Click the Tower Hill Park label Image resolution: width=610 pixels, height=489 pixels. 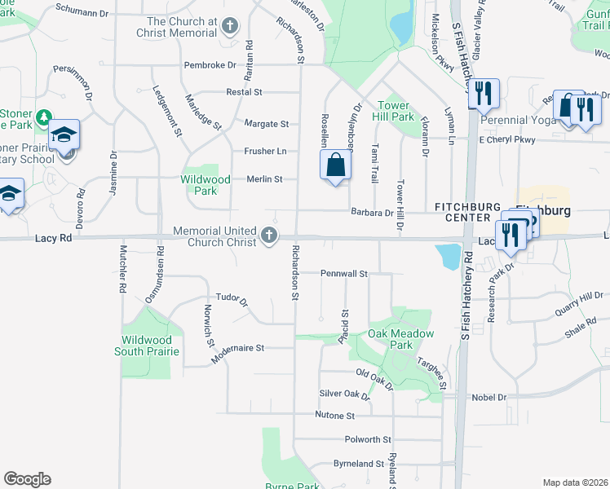point(396,112)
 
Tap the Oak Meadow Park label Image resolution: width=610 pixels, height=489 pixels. point(400,339)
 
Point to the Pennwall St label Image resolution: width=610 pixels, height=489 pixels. point(345,273)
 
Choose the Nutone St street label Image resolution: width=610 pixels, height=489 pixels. point(334,416)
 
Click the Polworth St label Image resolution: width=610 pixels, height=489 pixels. point(368,439)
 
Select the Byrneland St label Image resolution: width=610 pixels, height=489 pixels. point(358,464)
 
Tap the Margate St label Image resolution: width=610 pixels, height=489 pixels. point(267,124)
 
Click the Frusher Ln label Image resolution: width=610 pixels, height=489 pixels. point(265,152)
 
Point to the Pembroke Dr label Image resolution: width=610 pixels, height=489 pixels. point(210,64)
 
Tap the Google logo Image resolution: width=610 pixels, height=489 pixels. point(27,479)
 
